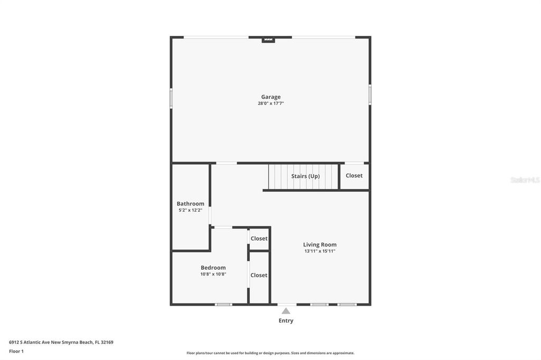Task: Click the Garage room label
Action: tap(270, 97)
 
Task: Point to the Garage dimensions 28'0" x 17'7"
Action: tap(270, 103)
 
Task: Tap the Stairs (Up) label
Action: tap(305, 176)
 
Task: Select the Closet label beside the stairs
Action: tap(354, 175)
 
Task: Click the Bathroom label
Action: tap(190, 204)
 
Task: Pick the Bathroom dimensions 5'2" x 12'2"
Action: tap(190, 210)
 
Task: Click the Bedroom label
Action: tap(213, 268)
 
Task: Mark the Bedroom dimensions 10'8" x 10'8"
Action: tap(213, 274)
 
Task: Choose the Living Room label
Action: tap(320, 244)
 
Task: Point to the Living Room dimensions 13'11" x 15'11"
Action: tap(320, 251)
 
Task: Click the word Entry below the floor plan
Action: tap(286, 320)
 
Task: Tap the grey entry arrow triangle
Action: tap(286, 311)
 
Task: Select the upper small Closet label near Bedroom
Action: tap(259, 239)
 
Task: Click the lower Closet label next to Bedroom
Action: tap(259, 275)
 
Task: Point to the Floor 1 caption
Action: tap(16, 351)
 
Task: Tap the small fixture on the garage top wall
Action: tap(268, 39)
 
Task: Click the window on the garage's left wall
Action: tap(171, 98)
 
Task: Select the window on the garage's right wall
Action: tap(370, 95)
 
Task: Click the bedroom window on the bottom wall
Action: tap(223, 304)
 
